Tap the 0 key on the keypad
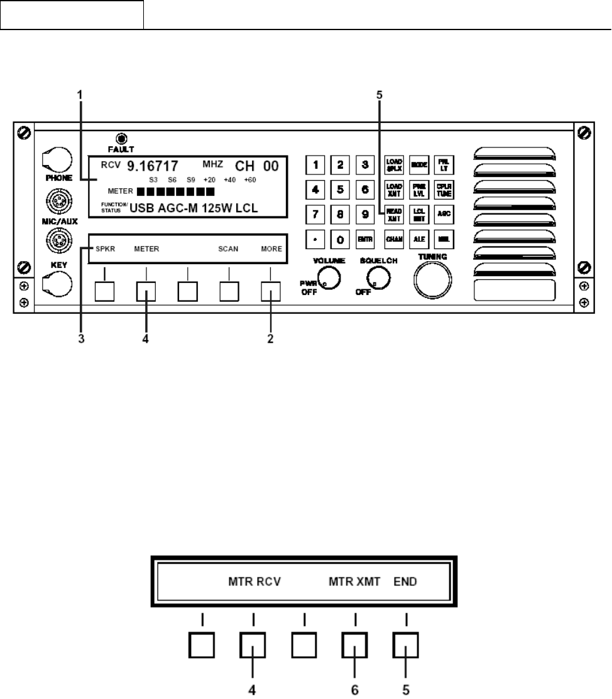tap(340, 240)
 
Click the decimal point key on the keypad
tap(316, 240)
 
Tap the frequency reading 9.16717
tap(153, 166)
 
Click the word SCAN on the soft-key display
tap(228, 248)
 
